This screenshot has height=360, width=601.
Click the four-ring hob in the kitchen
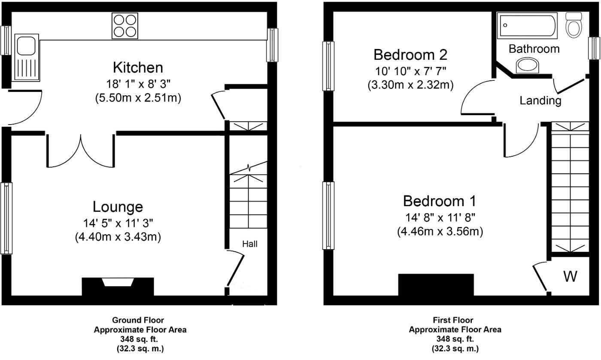[124, 26]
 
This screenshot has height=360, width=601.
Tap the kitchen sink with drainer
[27, 58]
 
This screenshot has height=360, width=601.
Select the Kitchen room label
[138, 68]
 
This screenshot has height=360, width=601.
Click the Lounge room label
[118, 207]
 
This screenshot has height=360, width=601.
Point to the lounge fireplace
[118, 287]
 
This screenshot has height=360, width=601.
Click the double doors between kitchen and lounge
[81, 150]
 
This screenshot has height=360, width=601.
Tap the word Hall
[250, 244]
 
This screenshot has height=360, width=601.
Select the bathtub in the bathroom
[527, 26]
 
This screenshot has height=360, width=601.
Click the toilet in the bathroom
[573, 25]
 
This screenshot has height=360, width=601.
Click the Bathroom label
[534, 49]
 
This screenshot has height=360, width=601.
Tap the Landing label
[540, 101]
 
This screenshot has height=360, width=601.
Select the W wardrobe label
[570, 277]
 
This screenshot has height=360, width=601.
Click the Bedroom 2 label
[410, 55]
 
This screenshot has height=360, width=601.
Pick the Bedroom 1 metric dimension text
[440, 232]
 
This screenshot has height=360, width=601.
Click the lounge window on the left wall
[6, 218]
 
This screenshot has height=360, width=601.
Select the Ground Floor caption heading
[138, 320]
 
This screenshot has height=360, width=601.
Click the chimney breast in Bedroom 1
[436, 285]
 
